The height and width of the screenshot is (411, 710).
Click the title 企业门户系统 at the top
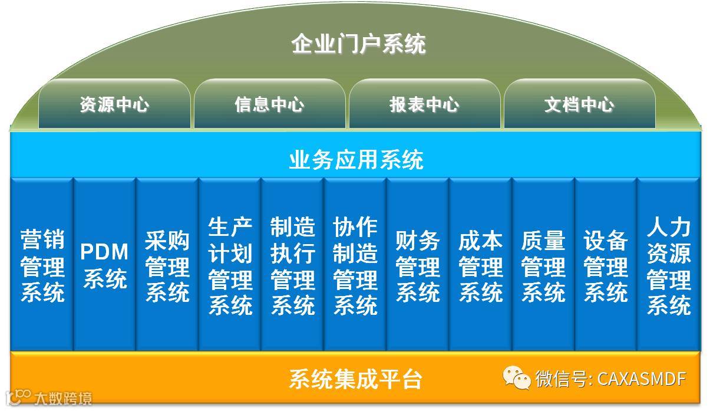[358, 44]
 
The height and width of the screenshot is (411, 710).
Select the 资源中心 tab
[114, 105]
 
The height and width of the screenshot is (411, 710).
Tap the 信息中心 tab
[269, 105]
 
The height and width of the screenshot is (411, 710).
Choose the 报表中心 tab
[424, 105]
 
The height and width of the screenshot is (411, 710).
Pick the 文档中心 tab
[579, 105]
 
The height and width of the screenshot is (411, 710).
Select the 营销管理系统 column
[42, 266]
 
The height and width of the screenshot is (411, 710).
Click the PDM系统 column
[104, 266]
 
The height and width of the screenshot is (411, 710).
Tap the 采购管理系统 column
[167, 266]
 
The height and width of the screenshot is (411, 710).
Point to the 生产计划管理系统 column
[230, 266]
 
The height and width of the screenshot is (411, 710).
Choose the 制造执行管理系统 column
[293, 266]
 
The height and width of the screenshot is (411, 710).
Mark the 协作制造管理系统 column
[355, 266]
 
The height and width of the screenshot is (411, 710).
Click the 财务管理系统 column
[418, 266]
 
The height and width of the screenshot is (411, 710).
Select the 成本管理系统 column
[481, 266]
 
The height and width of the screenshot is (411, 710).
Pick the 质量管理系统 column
[543, 266]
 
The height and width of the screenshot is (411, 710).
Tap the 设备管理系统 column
[606, 266]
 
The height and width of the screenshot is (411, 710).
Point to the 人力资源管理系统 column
[669, 266]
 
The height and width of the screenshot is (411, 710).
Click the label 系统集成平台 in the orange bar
[356, 379]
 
